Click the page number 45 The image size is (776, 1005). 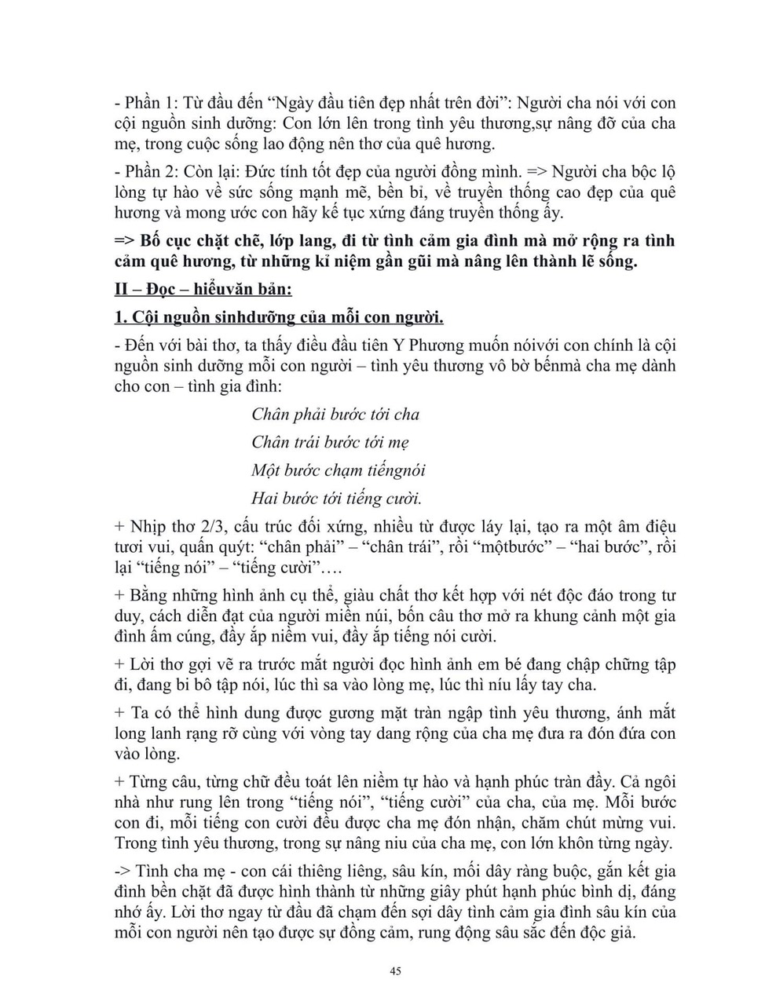tap(396, 971)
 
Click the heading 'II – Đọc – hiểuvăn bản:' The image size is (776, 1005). tap(203, 290)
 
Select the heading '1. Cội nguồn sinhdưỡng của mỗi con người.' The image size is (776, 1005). tap(279, 317)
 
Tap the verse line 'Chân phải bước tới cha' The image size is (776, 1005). tap(335, 414)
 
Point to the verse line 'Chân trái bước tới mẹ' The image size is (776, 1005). tap(330, 442)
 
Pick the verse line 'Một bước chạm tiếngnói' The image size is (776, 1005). tap(338, 470)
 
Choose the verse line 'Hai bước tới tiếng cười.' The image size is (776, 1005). tap(337, 498)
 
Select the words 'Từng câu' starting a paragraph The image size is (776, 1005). tap(160, 783)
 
